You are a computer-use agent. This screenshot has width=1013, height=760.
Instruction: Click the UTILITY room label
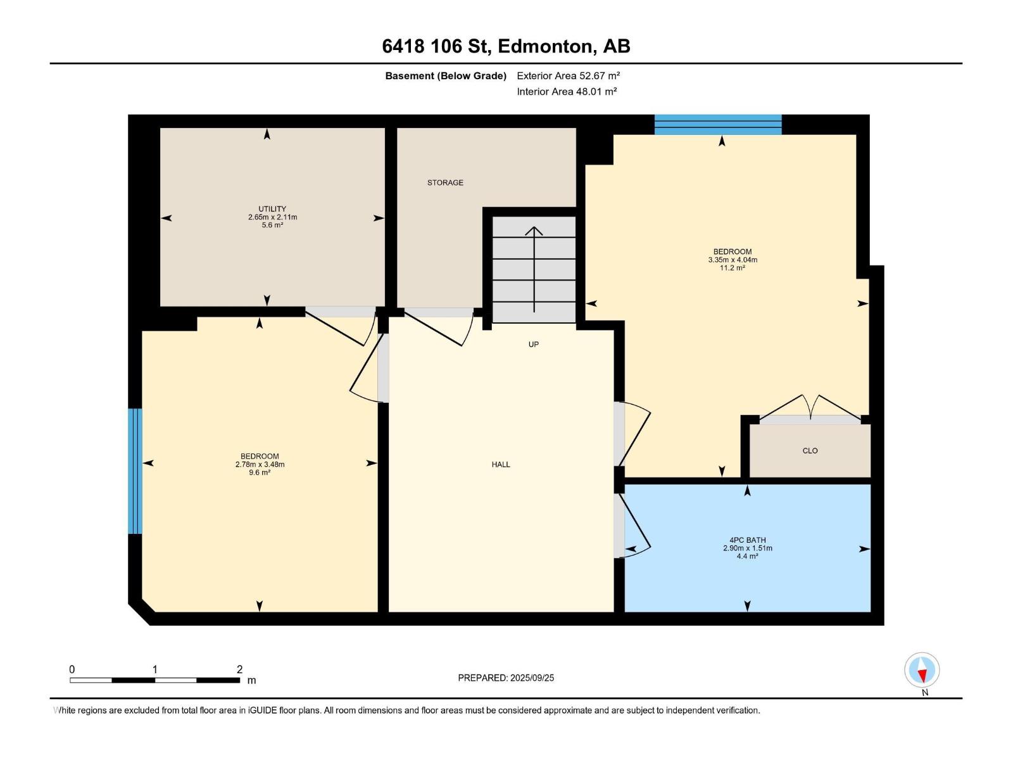coord(272,209)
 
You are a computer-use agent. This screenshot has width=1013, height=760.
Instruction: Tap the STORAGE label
coord(445,183)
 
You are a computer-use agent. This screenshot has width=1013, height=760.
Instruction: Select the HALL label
coord(501,465)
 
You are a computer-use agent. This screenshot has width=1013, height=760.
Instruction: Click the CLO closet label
coord(810,451)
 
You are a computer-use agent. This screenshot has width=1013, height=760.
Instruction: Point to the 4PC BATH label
coord(748,540)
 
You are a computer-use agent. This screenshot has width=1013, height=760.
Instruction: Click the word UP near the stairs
coord(534,345)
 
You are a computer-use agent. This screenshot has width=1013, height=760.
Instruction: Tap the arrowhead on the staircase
coord(534,231)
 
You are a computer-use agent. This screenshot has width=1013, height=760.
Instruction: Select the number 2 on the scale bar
coord(239,669)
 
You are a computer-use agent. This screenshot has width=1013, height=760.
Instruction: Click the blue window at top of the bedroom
coord(718,125)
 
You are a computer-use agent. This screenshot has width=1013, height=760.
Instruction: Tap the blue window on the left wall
coord(135,471)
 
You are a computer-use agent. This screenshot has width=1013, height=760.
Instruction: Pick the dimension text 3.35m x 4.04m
coord(733,260)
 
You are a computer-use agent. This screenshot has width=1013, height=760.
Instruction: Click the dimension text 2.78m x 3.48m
coord(260,465)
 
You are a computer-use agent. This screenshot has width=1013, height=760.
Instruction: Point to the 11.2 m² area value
coord(733,268)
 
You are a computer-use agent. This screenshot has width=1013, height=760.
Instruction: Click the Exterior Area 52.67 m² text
coord(568,75)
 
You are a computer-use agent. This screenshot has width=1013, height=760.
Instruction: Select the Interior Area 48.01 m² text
coord(567,91)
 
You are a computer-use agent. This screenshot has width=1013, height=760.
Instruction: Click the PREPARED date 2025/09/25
coord(532,678)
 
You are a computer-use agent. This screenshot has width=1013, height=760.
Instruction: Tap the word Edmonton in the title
coord(545,46)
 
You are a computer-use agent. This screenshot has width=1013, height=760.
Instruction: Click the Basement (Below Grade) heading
coord(446,75)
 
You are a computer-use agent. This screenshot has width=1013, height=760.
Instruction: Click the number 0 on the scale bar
coord(72,669)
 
